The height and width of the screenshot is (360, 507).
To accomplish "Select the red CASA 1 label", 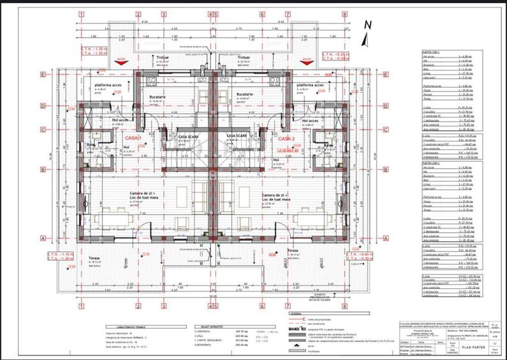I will point(133,138).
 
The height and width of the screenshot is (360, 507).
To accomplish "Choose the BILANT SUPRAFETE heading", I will point(207,325).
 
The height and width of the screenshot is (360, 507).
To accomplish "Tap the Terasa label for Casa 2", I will point(257,250).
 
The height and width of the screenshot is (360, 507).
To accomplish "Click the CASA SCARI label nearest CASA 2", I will point(238,136).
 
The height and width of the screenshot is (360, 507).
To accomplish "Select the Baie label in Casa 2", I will point(328,145).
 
